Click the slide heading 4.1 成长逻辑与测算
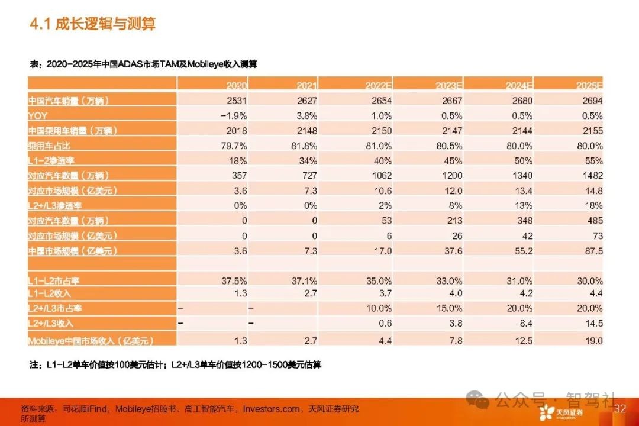click(92, 24)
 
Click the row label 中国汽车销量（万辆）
click(70, 101)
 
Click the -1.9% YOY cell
click(234, 116)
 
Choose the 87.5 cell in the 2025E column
click(591, 251)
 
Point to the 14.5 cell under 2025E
click(592, 324)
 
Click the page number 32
click(620, 409)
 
